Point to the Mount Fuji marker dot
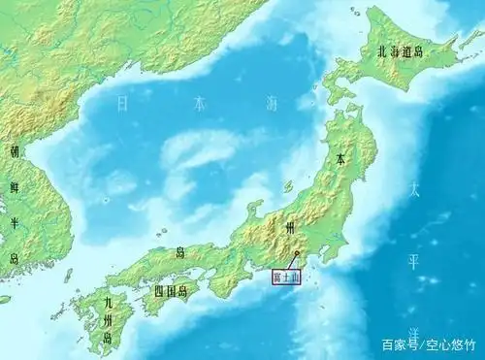297,255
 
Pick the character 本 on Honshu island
339,158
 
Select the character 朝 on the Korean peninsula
14,152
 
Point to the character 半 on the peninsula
14,221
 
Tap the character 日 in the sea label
121,101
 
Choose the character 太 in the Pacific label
412,189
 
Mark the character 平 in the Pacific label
412,259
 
